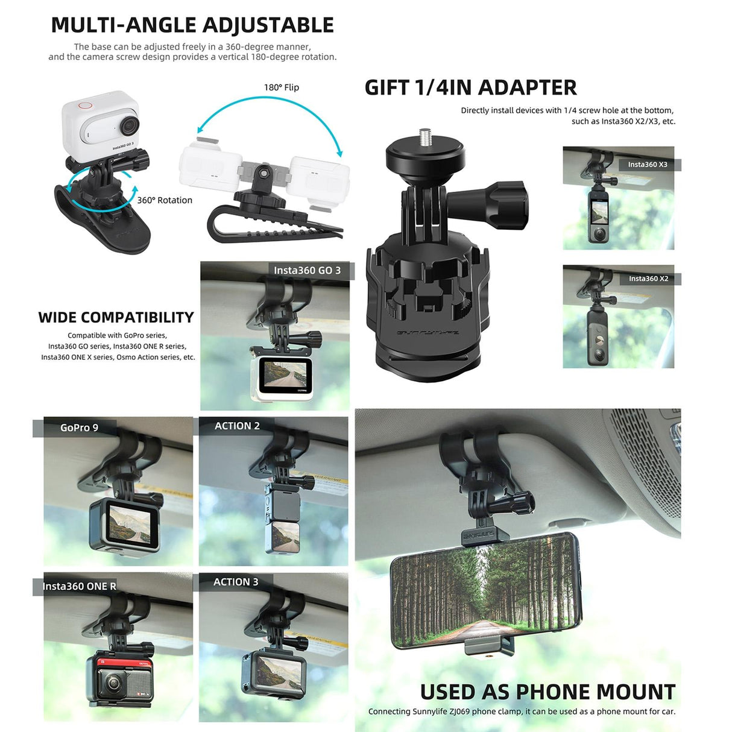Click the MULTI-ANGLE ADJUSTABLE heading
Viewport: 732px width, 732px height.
point(192,25)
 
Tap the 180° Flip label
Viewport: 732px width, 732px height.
point(281,87)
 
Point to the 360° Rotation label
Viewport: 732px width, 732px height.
point(165,200)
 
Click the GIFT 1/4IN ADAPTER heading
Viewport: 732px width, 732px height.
point(470,88)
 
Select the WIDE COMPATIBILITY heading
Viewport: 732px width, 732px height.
point(116,318)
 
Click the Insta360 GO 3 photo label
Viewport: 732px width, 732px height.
point(307,271)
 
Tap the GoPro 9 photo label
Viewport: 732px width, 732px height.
point(79,428)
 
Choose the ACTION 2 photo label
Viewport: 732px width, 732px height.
point(237,426)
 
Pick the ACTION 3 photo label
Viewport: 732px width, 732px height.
point(236,582)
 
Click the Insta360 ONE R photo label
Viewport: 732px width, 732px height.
point(79,586)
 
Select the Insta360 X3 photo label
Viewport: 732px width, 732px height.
point(648,165)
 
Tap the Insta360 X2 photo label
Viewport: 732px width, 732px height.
point(648,279)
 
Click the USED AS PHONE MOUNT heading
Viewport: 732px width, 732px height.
point(547,692)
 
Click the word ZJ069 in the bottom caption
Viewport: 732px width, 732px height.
point(459,711)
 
